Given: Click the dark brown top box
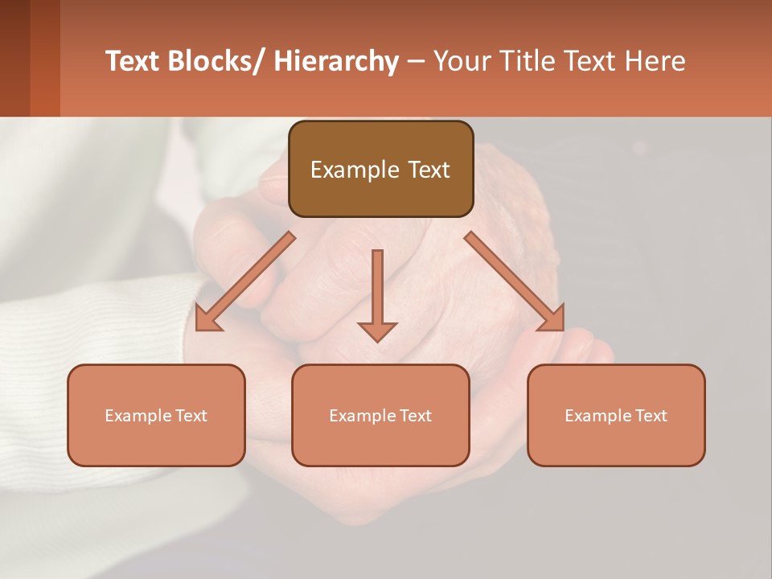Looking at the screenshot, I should (380, 169).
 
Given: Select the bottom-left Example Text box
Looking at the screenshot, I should (156, 415).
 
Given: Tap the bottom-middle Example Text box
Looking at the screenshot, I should (380, 415).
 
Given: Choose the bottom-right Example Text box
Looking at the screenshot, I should (616, 415).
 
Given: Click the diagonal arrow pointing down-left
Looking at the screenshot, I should (246, 281).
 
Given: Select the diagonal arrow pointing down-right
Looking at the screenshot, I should (515, 281).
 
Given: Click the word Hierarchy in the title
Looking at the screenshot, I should (336, 61).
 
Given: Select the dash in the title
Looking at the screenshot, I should (416, 61).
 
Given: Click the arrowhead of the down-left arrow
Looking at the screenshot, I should (207, 319).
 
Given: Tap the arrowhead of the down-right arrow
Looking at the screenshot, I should (552, 319).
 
